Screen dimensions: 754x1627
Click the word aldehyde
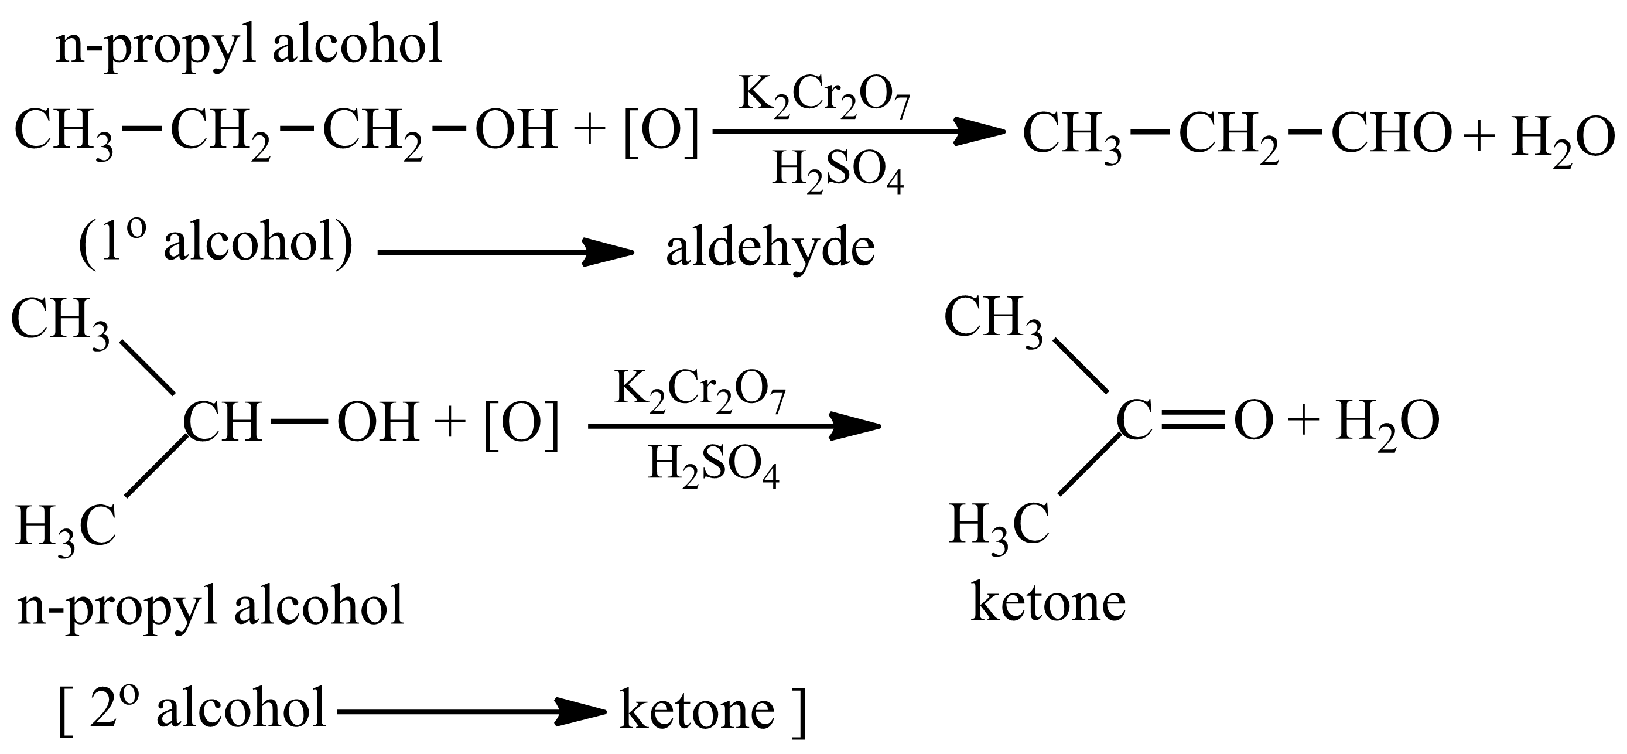tap(770, 248)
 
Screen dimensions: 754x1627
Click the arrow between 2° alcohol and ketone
tap(471, 712)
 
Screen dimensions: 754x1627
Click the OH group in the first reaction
tap(516, 130)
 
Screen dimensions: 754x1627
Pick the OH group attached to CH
tap(378, 422)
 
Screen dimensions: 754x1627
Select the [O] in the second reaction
tap(521, 425)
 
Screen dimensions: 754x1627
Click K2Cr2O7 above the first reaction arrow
tap(824, 97)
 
